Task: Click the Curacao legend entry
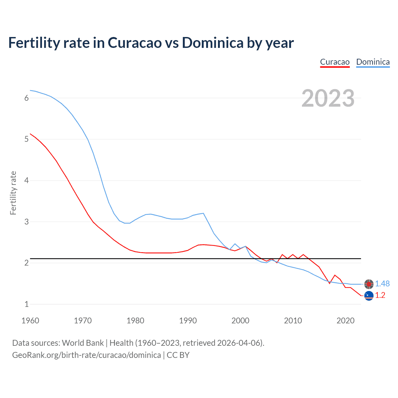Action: (x=335, y=62)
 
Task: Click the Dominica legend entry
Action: (x=373, y=62)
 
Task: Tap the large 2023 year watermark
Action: (x=328, y=98)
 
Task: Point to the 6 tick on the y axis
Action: (x=26, y=98)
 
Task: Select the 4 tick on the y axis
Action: (x=26, y=180)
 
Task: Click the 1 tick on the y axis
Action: (x=26, y=304)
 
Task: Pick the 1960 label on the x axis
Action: (x=30, y=321)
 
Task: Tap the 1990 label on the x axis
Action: (x=188, y=321)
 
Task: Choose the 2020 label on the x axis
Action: (x=345, y=321)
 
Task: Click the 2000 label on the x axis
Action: (x=240, y=321)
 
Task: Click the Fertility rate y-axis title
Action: (x=13, y=193)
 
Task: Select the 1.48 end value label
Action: (x=382, y=284)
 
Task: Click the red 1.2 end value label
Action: (x=380, y=295)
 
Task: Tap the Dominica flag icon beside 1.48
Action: (x=369, y=284)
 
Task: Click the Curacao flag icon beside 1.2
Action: (x=369, y=296)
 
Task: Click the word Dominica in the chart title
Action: (x=212, y=43)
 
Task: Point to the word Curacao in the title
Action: (x=135, y=43)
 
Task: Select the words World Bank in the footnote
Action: (x=83, y=343)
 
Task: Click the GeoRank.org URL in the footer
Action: (x=86, y=355)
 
